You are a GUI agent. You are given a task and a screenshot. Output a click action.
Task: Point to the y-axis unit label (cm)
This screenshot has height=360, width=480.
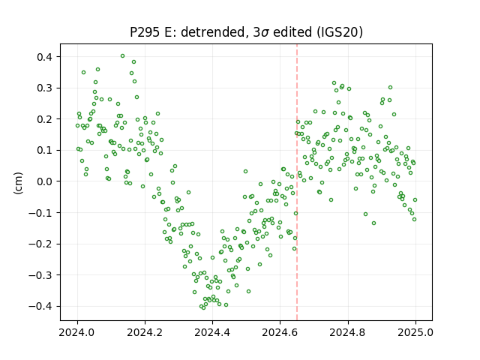coord(18,183)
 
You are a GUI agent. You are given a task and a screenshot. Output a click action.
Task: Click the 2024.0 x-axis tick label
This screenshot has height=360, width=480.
coord(77,332)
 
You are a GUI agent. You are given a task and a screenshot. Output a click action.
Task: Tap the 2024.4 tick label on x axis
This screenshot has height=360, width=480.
coord(212,332)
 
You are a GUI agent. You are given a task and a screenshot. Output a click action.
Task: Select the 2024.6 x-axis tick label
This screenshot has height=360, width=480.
coord(280,332)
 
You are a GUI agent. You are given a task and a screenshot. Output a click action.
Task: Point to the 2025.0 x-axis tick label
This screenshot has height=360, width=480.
coord(415,332)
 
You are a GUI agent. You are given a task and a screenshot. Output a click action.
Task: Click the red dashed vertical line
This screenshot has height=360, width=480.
coord(297,182)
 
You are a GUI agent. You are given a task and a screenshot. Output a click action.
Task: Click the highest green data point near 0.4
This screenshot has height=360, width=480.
coord(122,56)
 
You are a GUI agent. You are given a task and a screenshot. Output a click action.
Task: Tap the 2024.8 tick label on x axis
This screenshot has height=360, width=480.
coord(348,332)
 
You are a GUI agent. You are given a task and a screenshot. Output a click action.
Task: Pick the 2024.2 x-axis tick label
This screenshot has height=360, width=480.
coord(145,332)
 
